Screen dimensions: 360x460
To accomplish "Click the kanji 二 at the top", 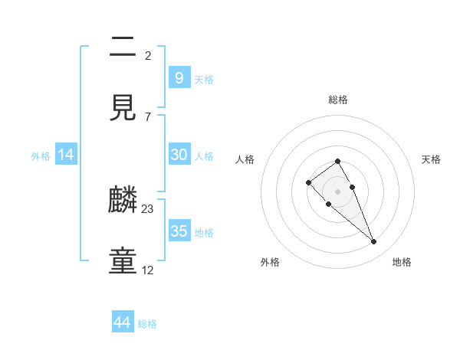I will (123, 47).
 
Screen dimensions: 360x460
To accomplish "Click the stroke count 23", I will (148, 209).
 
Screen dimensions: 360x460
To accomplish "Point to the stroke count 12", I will (148, 270).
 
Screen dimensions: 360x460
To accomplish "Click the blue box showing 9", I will (179, 77).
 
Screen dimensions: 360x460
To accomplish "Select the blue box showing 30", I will (179, 155).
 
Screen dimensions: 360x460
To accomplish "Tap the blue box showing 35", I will (179, 231).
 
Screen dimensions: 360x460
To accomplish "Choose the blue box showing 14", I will (66, 155).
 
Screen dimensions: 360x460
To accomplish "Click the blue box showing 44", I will (123, 322).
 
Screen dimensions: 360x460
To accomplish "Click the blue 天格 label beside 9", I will (204, 79).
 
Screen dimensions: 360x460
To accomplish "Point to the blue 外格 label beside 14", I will (41, 156).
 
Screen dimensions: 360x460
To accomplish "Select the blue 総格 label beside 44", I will (147, 324).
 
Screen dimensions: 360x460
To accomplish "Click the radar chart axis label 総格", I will (337, 100).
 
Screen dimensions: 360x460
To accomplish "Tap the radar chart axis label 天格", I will (431, 159).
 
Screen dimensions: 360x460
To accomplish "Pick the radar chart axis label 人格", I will (245, 159).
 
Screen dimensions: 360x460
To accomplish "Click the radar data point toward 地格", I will (374, 242).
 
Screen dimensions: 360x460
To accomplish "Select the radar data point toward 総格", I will (337, 161).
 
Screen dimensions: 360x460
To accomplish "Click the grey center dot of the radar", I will (337, 191).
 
